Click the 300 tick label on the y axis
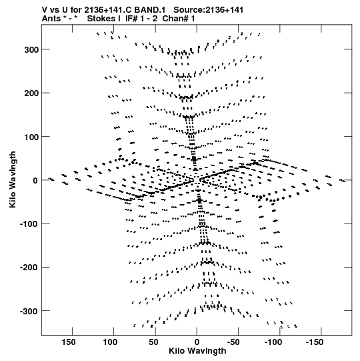[x=31, y=49]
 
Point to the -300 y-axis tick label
[x=29, y=311]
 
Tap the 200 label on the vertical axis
[x=31, y=93]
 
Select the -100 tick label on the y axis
[x=29, y=224]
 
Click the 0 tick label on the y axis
[x=35, y=180]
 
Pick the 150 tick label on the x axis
[x=68, y=342]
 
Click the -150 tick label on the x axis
[x=315, y=342]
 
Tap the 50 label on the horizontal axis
[x=153, y=342]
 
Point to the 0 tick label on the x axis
[x=197, y=342]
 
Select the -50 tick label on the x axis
[x=233, y=342]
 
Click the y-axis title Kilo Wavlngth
[x=13, y=179]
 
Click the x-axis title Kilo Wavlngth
[x=197, y=351]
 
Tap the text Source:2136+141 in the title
[x=208, y=10]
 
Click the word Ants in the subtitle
[x=51, y=19]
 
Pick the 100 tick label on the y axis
[x=31, y=137]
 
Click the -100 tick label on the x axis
[x=273, y=342]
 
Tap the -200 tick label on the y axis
[x=29, y=268]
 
